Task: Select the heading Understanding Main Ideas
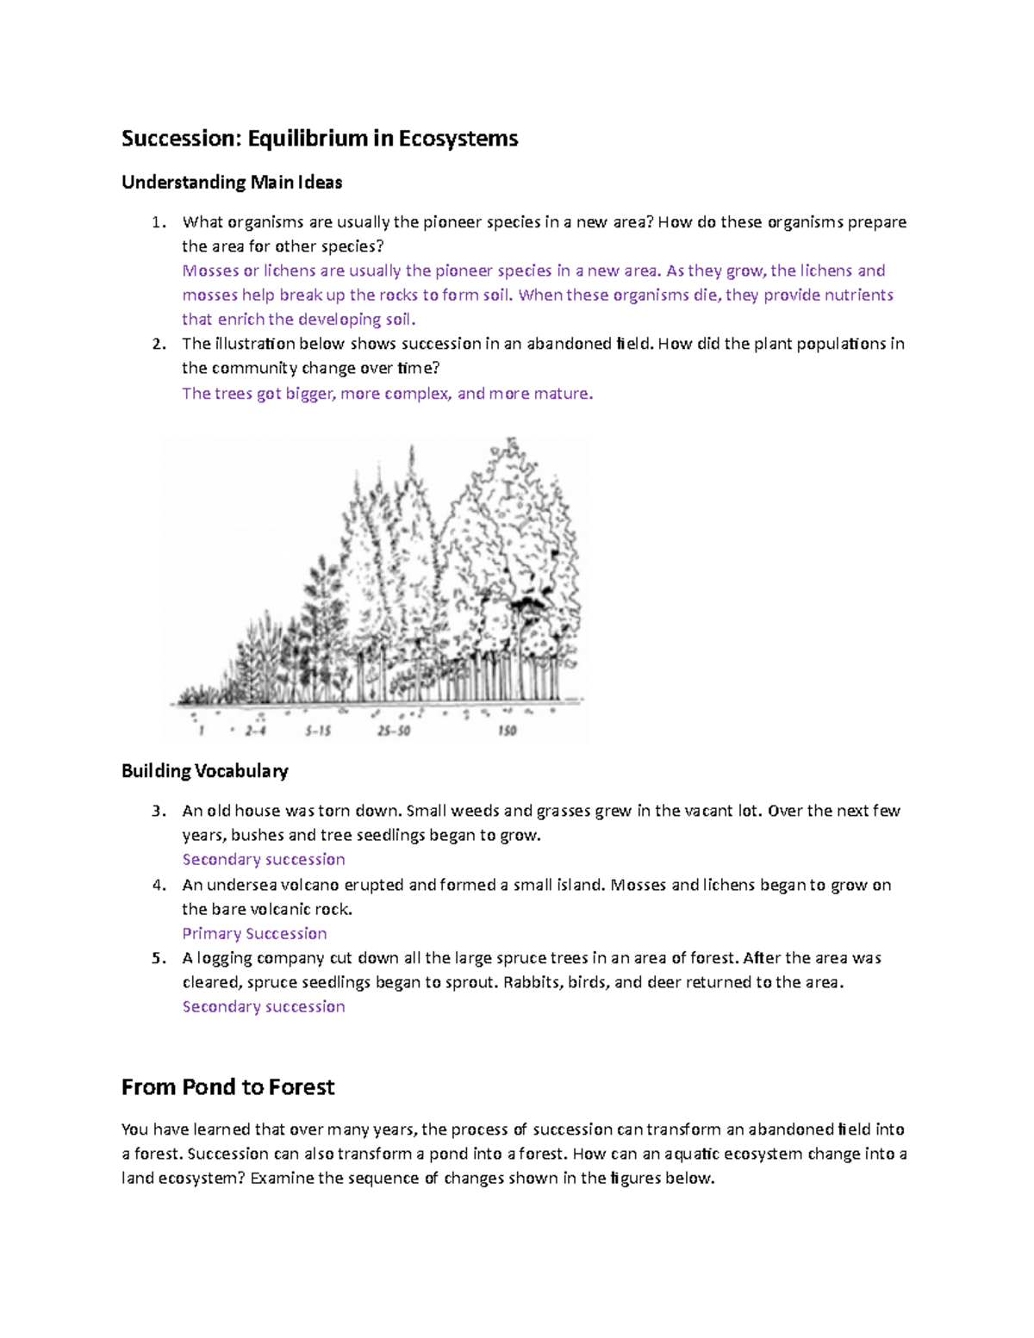pos(232,183)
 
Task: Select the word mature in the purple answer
pos(563,395)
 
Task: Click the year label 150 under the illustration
pos(507,731)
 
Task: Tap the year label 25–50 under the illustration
pos(394,731)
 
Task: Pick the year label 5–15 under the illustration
pos(318,731)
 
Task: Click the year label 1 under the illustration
pos(202,731)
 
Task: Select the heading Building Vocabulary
pos(205,771)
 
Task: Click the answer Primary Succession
pos(254,934)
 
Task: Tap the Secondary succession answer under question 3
pos(264,860)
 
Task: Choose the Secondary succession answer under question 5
pos(264,1007)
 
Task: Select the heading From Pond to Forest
pos(227,1087)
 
